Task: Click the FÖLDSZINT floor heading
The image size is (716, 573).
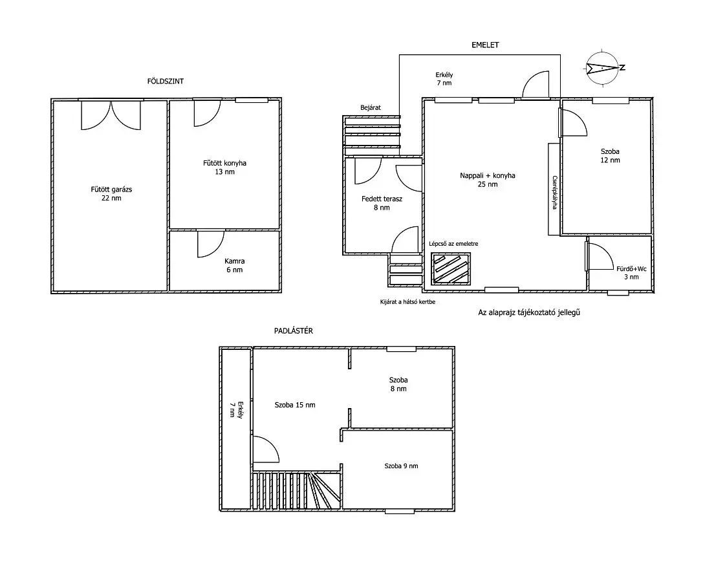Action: (166, 81)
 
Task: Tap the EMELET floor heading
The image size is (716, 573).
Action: (485, 45)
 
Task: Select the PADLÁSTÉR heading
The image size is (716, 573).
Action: (294, 331)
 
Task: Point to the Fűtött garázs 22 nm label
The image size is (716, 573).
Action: (111, 193)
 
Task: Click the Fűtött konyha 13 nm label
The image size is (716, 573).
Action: (224, 167)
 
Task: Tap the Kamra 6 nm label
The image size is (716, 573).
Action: (235, 265)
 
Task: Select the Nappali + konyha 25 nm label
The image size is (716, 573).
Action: (488, 180)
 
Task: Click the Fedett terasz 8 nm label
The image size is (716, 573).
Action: (382, 203)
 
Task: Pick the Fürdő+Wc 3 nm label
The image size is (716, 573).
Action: (631, 272)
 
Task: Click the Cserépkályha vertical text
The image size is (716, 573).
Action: (555, 192)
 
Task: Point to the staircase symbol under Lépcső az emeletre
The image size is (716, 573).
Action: (451, 268)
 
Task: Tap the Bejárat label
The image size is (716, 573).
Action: (371, 108)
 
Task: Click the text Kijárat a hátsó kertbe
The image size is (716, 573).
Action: (407, 302)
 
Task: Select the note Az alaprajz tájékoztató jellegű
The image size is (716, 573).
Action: (529, 313)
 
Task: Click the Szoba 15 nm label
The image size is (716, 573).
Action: (295, 405)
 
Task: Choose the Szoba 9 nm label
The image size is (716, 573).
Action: (402, 466)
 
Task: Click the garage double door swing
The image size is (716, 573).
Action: (111, 115)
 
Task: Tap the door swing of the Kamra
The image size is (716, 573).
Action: (210, 244)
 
